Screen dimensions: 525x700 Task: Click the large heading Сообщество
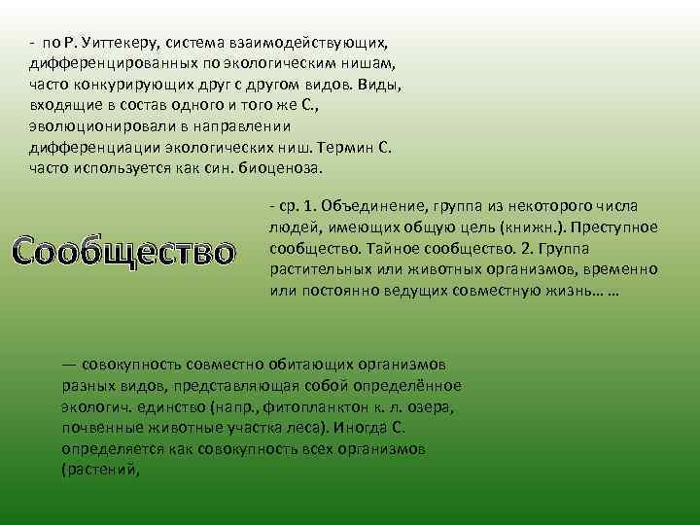[x=125, y=250]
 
